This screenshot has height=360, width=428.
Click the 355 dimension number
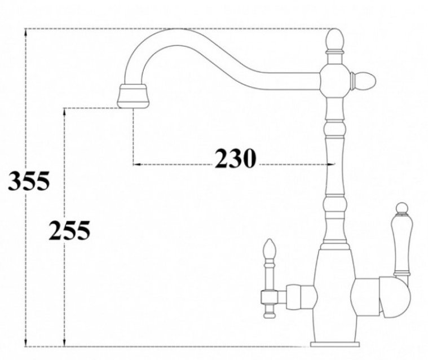pyautogui.click(x=29, y=181)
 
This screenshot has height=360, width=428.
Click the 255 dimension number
pyautogui.click(x=69, y=231)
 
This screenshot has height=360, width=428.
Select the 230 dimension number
pyautogui.click(x=236, y=159)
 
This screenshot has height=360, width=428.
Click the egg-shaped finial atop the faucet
pyautogui.click(x=335, y=40)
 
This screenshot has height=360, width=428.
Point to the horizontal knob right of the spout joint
pyautogui.click(x=364, y=81)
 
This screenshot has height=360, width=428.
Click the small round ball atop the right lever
pyautogui.click(x=402, y=208)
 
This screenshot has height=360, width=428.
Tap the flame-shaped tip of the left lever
pyautogui.click(x=269, y=248)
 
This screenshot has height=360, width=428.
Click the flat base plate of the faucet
pyautogui.click(x=334, y=344)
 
